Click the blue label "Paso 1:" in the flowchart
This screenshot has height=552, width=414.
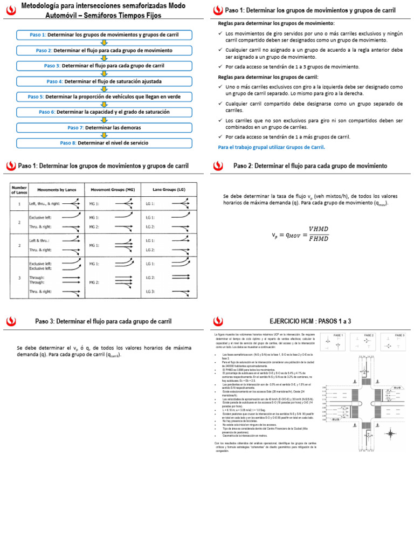tap(38, 35)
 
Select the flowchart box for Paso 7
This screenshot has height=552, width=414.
tap(104, 128)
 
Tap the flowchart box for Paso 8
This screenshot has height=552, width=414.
tap(104, 143)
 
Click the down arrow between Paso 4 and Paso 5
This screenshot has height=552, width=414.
tap(104, 89)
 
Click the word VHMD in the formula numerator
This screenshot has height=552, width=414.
tap(318, 229)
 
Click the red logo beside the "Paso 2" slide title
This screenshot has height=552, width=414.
tap(217, 166)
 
